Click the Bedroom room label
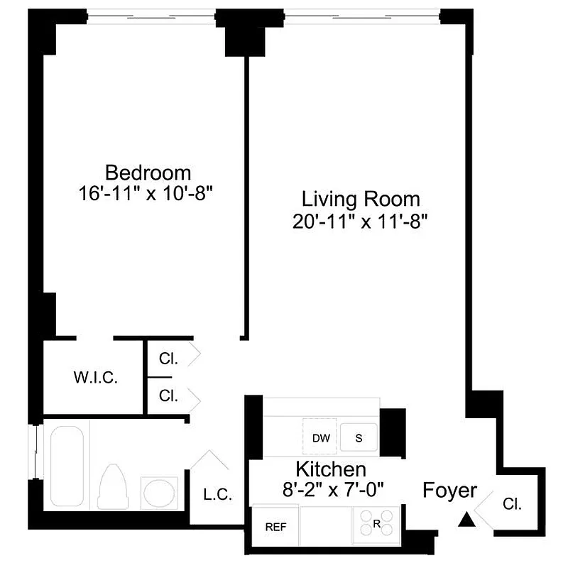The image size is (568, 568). (148, 173)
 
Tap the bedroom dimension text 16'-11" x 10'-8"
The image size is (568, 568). (148, 193)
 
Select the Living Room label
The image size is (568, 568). (361, 199)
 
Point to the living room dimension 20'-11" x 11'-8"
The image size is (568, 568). (361, 220)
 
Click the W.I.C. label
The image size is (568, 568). (95, 376)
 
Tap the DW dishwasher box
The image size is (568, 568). (321, 437)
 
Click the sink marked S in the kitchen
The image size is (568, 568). (359, 437)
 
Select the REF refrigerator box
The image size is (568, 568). (275, 527)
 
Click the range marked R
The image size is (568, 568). (376, 525)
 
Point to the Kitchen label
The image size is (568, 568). (331, 469)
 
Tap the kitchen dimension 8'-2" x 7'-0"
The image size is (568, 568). (331, 489)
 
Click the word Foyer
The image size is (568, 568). (450, 490)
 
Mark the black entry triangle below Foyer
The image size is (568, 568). (466, 521)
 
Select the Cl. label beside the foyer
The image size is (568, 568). (512, 506)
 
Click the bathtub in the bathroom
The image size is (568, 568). (67, 467)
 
